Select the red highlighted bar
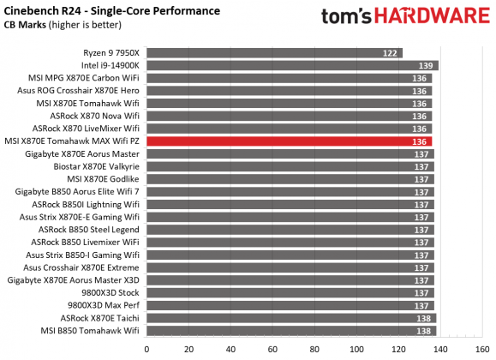[x=290, y=141]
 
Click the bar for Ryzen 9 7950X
[x=275, y=52]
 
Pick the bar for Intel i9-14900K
[x=293, y=65]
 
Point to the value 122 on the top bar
[x=390, y=52]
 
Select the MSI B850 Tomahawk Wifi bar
[x=292, y=330]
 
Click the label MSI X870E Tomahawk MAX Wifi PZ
[x=74, y=141]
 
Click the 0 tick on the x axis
[x=147, y=348]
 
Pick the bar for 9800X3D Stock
[x=291, y=292]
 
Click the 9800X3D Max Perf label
[x=103, y=304]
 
